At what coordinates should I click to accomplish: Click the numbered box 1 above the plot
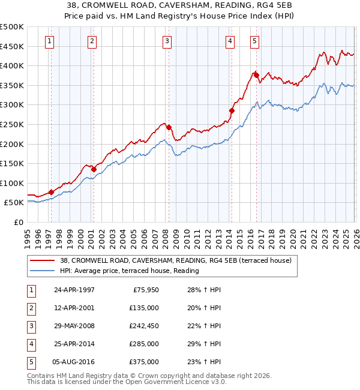point(49,41)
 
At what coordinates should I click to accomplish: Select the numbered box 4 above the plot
point(230,41)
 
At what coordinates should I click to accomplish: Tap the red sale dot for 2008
point(169,127)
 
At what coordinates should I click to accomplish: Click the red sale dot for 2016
point(256,75)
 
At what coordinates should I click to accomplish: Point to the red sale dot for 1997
point(51,192)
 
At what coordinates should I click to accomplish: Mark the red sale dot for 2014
point(232,110)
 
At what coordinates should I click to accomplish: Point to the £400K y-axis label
point(12,65)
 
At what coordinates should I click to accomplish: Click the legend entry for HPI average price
point(129,271)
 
